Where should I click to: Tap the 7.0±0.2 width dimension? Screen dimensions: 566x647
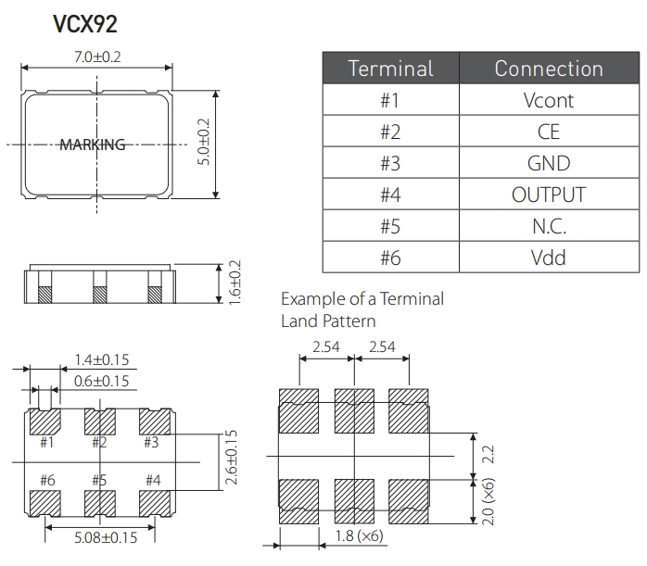click(x=97, y=57)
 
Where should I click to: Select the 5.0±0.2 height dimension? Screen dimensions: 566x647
click(x=204, y=143)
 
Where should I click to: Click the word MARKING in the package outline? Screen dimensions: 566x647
click(x=92, y=145)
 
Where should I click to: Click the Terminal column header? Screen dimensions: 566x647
click(x=390, y=69)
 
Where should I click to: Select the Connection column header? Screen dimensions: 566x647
click(x=548, y=69)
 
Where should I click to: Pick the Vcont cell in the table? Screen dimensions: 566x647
click(x=548, y=100)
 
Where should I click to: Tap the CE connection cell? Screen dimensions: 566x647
click(x=548, y=132)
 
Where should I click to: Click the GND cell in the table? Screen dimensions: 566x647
click(x=548, y=163)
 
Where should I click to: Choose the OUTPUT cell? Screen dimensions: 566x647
click(x=548, y=195)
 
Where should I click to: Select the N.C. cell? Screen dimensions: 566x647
click(x=548, y=226)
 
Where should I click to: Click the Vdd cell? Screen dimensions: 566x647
click(x=548, y=258)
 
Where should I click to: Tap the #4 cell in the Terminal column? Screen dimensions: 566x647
click(x=390, y=195)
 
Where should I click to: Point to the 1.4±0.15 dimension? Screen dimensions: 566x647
click(x=101, y=360)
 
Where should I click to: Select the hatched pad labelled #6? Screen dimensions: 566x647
click(x=45, y=501)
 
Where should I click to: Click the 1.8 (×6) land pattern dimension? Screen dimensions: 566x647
click(x=358, y=536)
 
